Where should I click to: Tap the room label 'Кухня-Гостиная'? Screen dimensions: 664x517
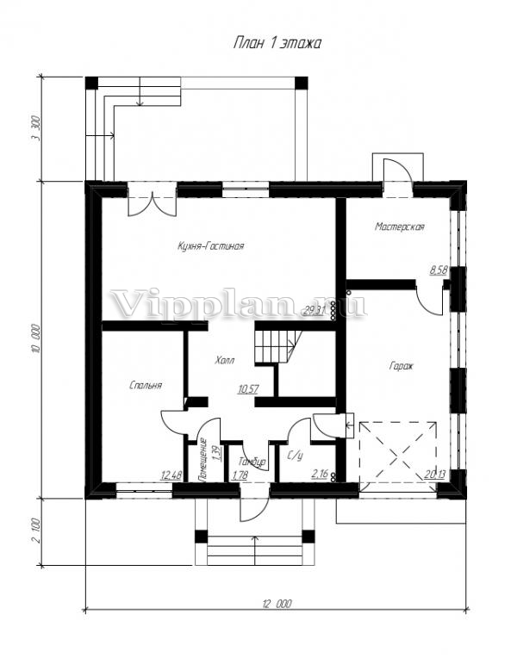(x=211, y=246)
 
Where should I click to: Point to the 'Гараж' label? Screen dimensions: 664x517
(x=402, y=365)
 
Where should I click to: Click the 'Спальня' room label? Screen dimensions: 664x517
(x=146, y=386)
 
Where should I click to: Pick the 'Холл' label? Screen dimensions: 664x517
(x=223, y=360)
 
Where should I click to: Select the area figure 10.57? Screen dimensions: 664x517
(x=248, y=389)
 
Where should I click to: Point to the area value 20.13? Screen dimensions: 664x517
(x=437, y=473)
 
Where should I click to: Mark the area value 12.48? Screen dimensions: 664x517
(x=171, y=473)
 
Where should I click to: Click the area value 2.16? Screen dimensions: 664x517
(x=319, y=473)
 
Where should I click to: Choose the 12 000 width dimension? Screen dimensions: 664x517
(x=276, y=604)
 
